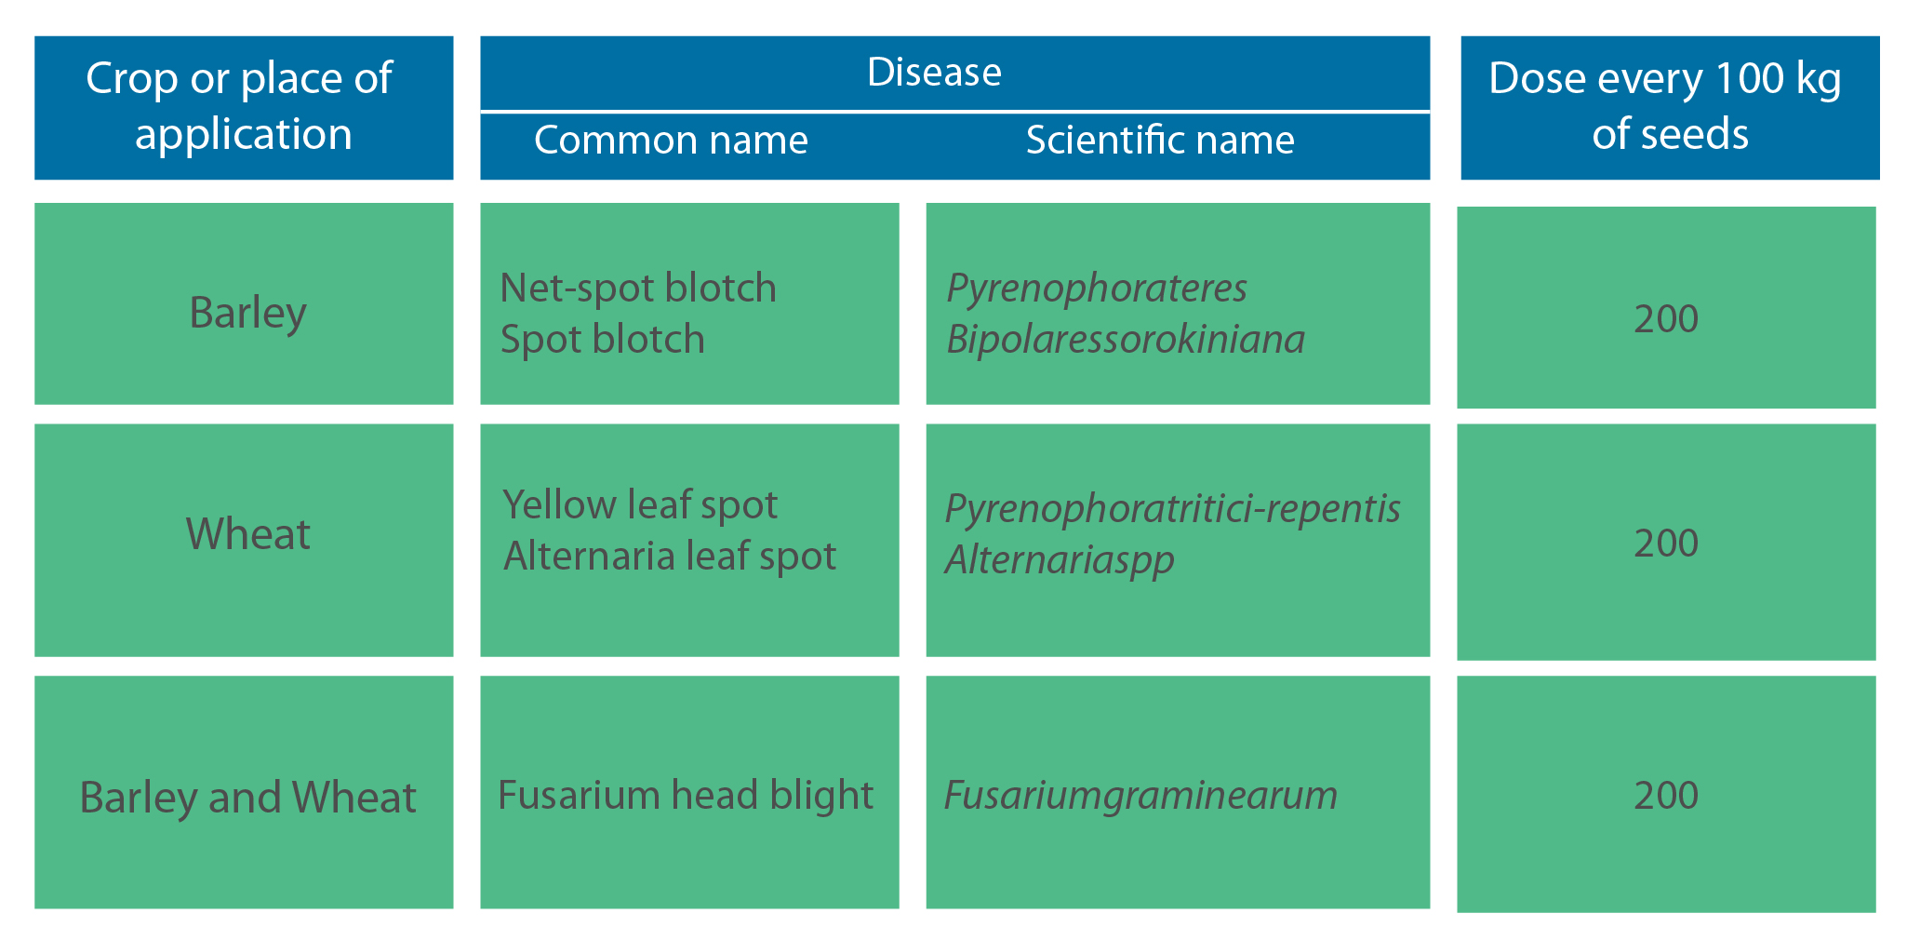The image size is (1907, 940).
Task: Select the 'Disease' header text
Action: (x=934, y=72)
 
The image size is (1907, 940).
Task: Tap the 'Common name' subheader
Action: (x=671, y=141)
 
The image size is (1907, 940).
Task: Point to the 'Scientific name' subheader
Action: (x=1160, y=141)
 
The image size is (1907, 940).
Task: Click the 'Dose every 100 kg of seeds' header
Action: (x=1665, y=106)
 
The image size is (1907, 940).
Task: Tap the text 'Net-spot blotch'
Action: (x=638, y=288)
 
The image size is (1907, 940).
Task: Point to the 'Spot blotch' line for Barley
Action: (x=603, y=340)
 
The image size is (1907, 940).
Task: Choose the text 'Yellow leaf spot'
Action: (x=640, y=505)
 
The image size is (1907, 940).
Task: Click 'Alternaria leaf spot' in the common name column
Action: (x=670, y=556)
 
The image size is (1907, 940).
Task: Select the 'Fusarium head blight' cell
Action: (x=686, y=795)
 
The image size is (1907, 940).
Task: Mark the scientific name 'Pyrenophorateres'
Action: (x=1097, y=289)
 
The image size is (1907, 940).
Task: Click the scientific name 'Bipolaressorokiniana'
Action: (x=1126, y=340)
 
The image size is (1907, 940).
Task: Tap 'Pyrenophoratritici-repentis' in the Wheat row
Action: (x=1173, y=509)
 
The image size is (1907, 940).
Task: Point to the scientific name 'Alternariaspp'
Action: (x=1060, y=560)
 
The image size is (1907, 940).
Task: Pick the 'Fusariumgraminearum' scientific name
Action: (x=1140, y=796)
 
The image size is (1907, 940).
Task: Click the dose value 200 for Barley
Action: (x=1666, y=319)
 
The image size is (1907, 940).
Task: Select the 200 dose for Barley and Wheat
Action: (x=1666, y=796)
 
